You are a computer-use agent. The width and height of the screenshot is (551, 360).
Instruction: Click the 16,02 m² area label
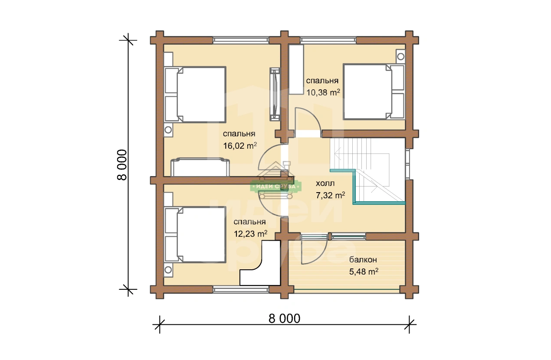(x=240, y=146)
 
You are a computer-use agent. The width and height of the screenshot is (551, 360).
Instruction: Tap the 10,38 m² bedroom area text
(x=323, y=92)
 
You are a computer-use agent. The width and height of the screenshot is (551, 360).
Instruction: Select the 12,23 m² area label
(x=250, y=234)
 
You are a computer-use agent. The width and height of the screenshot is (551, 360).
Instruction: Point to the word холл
(x=325, y=183)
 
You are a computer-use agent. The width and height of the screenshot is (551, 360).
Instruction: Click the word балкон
(x=363, y=260)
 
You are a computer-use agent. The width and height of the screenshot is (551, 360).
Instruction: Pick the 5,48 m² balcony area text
(x=364, y=272)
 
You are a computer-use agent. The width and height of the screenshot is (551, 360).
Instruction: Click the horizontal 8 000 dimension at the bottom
(x=284, y=318)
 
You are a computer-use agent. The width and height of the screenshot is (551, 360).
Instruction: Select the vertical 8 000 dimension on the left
(x=122, y=165)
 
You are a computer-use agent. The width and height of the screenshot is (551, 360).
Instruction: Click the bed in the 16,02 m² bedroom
(x=195, y=95)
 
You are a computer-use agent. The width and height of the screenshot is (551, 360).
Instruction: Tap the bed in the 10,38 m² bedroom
(x=374, y=92)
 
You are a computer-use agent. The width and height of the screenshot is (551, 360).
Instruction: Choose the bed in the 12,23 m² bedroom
(x=195, y=235)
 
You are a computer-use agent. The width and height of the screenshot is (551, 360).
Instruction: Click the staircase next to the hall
(x=367, y=170)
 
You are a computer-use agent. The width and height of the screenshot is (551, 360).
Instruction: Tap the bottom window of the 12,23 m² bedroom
(x=241, y=290)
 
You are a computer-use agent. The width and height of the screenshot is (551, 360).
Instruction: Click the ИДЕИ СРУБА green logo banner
(x=276, y=186)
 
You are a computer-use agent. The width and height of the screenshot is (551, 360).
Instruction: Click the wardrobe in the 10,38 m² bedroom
(x=296, y=69)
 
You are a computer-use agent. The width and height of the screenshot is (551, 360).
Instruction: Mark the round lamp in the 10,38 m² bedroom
(x=401, y=56)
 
